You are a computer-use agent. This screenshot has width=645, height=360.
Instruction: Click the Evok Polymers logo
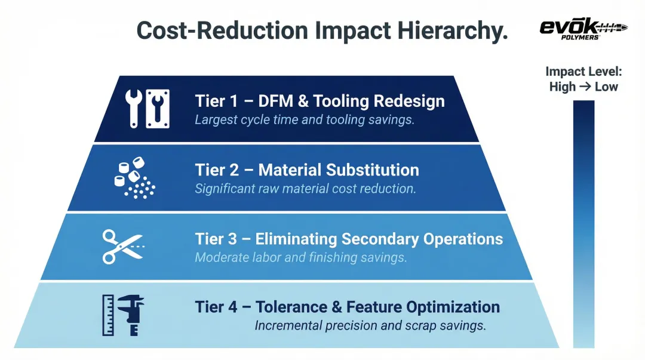pos(583,29)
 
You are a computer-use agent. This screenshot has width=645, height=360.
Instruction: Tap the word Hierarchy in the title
pos(453,30)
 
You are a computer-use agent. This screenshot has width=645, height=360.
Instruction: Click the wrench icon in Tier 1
pos(134,109)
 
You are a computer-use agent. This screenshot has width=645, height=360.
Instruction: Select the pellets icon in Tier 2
pos(134,178)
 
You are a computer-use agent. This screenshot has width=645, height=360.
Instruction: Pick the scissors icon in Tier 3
pos(123,247)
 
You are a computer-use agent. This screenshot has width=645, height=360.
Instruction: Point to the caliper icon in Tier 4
pos(131,315)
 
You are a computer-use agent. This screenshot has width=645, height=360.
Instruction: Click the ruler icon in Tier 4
pos(108,315)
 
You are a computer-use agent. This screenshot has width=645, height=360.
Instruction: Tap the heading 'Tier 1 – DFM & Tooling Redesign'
pos(320,101)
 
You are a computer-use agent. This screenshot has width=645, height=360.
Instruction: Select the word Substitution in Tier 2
pos(373,170)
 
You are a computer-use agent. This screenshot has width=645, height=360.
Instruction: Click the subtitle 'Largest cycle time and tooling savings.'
pos(305,120)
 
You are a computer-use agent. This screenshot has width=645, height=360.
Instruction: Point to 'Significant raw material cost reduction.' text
pos(305,189)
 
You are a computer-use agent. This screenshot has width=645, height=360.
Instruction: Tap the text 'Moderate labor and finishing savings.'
pos(300,257)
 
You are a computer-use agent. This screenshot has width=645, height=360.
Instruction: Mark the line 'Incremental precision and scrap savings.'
pos(370,325)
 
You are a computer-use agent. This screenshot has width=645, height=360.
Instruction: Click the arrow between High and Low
pos(585,87)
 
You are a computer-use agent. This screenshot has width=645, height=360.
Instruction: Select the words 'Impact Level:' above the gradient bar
pos(583,71)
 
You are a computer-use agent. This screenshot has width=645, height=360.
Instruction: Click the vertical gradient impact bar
pos(583,224)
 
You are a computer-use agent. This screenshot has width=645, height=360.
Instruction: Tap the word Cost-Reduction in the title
pos(222,30)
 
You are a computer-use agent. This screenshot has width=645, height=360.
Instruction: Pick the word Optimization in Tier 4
pos(453,307)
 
